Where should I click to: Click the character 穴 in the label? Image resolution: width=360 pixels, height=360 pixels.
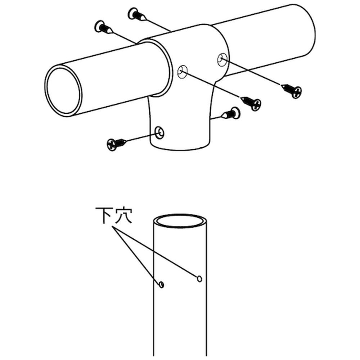pyautogui.click(x=124, y=215)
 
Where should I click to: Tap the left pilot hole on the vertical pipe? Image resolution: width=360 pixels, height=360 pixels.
pyautogui.click(x=161, y=285)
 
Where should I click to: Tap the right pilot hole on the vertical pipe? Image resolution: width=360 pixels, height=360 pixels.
pyautogui.click(x=199, y=279)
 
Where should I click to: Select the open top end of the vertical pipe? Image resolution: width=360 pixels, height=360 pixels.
pyautogui.click(x=180, y=221)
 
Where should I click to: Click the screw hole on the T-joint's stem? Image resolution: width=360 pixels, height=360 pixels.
pyautogui.click(x=159, y=133)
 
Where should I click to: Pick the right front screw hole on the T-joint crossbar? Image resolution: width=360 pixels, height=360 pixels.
pyautogui.click(x=222, y=59)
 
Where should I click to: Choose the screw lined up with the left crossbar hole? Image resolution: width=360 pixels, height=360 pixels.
pyautogui.click(x=251, y=103)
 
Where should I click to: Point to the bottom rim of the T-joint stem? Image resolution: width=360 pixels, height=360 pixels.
pyautogui.click(x=180, y=147)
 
